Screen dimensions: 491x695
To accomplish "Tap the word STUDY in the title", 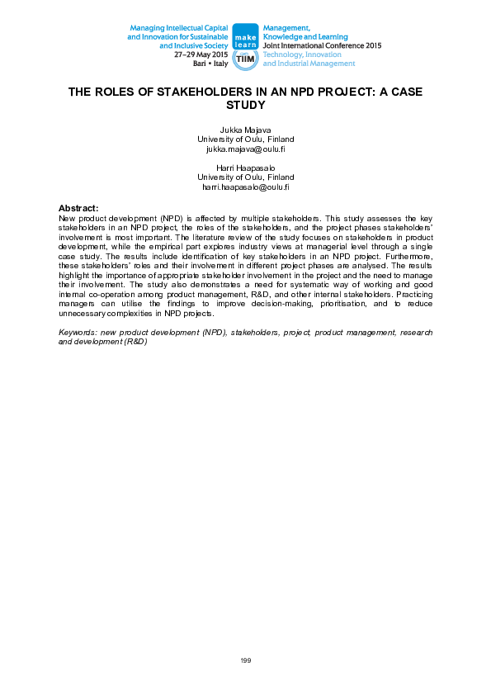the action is (x=245, y=106).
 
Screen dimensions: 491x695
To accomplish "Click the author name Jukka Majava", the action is (x=245, y=130).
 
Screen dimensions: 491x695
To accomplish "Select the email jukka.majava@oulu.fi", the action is (x=245, y=149).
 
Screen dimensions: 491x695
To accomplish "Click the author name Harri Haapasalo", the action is (x=245, y=168).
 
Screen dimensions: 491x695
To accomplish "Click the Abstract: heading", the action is (x=79, y=207).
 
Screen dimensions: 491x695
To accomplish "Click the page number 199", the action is (x=245, y=660).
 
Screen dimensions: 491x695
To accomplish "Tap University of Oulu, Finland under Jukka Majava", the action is (x=245, y=139).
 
